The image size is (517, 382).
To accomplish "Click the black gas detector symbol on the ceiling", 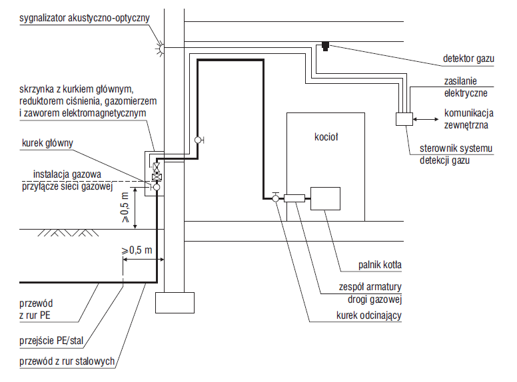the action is pos(325,46).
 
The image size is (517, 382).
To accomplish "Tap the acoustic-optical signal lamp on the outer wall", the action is pos(161,48).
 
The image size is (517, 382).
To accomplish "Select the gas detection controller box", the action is pos(404,119).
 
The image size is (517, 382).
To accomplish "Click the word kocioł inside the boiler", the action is pos(326,136).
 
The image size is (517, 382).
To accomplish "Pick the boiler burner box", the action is pos(325,198).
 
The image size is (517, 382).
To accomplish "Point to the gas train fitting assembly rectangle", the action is pos(294,198).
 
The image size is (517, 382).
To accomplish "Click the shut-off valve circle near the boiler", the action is pos(276,198).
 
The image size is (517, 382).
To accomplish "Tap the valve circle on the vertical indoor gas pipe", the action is pos(198,140).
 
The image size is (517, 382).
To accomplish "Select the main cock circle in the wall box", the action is pos(157,187).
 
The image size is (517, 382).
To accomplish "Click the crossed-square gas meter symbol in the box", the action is pos(157,177).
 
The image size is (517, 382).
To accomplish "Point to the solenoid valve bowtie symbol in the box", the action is pos(157,166).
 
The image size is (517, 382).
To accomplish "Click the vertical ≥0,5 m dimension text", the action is pos(125,208).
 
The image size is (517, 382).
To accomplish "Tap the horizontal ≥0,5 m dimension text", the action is pos(137,250).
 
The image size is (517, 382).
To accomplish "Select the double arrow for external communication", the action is pos(426,119).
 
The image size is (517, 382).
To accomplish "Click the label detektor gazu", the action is pos(468,59).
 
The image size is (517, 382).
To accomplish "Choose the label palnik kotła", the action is pos(380,265).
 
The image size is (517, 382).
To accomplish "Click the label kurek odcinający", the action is pos(369,315).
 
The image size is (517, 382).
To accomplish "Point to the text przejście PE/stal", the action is pos(51,340).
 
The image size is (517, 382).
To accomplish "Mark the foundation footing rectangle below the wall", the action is pos(175,303).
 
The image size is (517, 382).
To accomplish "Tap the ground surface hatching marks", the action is pos(68,233).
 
